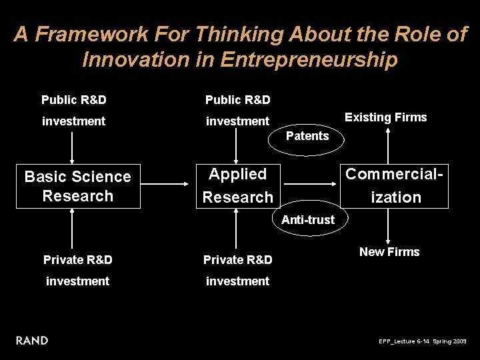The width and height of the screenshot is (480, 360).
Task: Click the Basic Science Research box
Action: [x=78, y=186]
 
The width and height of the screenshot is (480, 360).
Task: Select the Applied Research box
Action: [x=238, y=186]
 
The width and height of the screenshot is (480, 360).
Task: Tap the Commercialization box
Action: [x=396, y=186]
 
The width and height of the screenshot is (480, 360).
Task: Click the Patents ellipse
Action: [x=307, y=136]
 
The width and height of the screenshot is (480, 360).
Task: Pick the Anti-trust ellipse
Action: [x=308, y=219]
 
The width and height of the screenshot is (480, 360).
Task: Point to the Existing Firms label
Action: [x=385, y=117]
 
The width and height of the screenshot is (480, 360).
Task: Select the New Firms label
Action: [x=389, y=252]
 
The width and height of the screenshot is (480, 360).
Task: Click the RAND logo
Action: [x=32, y=341]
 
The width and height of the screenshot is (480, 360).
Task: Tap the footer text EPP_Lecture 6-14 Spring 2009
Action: [x=423, y=341]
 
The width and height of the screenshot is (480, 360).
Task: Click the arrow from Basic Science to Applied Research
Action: [x=167, y=181]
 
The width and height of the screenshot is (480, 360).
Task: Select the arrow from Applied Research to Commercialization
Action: [x=313, y=181]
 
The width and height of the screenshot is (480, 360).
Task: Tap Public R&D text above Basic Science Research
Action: [x=74, y=101]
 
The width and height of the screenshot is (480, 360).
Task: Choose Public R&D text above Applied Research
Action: [x=238, y=101]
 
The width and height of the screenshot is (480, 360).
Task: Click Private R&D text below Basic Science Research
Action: [x=77, y=260]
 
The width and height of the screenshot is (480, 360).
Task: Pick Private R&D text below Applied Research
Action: [x=238, y=260]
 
